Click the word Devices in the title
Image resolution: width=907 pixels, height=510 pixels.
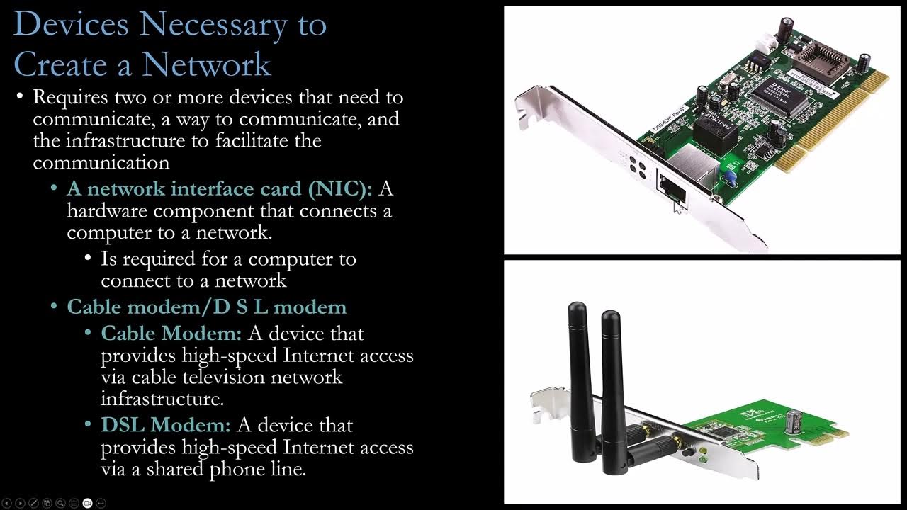pos(70,24)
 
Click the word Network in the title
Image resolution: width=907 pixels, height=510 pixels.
pos(206,64)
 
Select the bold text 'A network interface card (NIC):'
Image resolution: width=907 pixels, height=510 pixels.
pos(219,188)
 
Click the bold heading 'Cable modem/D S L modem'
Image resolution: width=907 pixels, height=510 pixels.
pos(206,307)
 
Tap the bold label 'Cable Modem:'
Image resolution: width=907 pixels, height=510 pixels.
pos(171,333)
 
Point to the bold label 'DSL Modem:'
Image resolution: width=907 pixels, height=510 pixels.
pos(165,425)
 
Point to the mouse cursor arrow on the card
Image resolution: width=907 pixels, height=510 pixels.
pos(678,206)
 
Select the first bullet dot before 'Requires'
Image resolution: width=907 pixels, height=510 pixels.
pos(20,96)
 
